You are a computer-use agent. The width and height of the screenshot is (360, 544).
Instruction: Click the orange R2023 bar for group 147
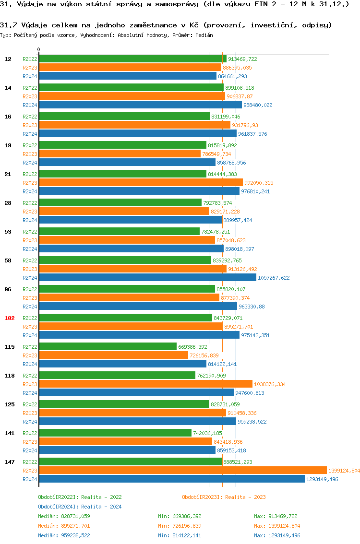pyautogui.click(x=182, y=471)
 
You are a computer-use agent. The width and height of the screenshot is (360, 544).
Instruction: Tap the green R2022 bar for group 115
pyautogui.click(x=108, y=347)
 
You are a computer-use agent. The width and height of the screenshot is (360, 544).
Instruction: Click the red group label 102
pyautogui.click(x=9, y=318)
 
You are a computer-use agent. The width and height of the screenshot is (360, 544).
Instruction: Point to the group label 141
pyautogui.click(x=9, y=433)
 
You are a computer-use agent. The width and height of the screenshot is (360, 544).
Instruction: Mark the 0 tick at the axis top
pyautogui.click(x=39, y=49)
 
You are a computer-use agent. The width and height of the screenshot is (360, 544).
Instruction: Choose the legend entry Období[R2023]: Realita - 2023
pyautogui.click(x=224, y=497)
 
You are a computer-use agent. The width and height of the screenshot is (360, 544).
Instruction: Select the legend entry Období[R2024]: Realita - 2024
pyautogui.click(x=80, y=507)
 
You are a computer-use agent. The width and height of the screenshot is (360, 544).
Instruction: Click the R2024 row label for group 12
pyautogui.click(x=30, y=76)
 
